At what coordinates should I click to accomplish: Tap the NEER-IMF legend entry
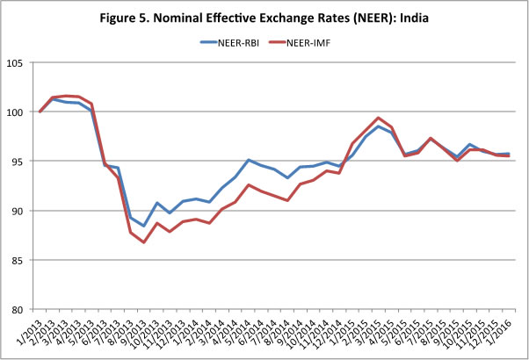pos(320,40)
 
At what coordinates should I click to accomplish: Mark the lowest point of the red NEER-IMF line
pos(143,241)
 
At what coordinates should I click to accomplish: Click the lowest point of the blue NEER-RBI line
pos(143,226)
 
